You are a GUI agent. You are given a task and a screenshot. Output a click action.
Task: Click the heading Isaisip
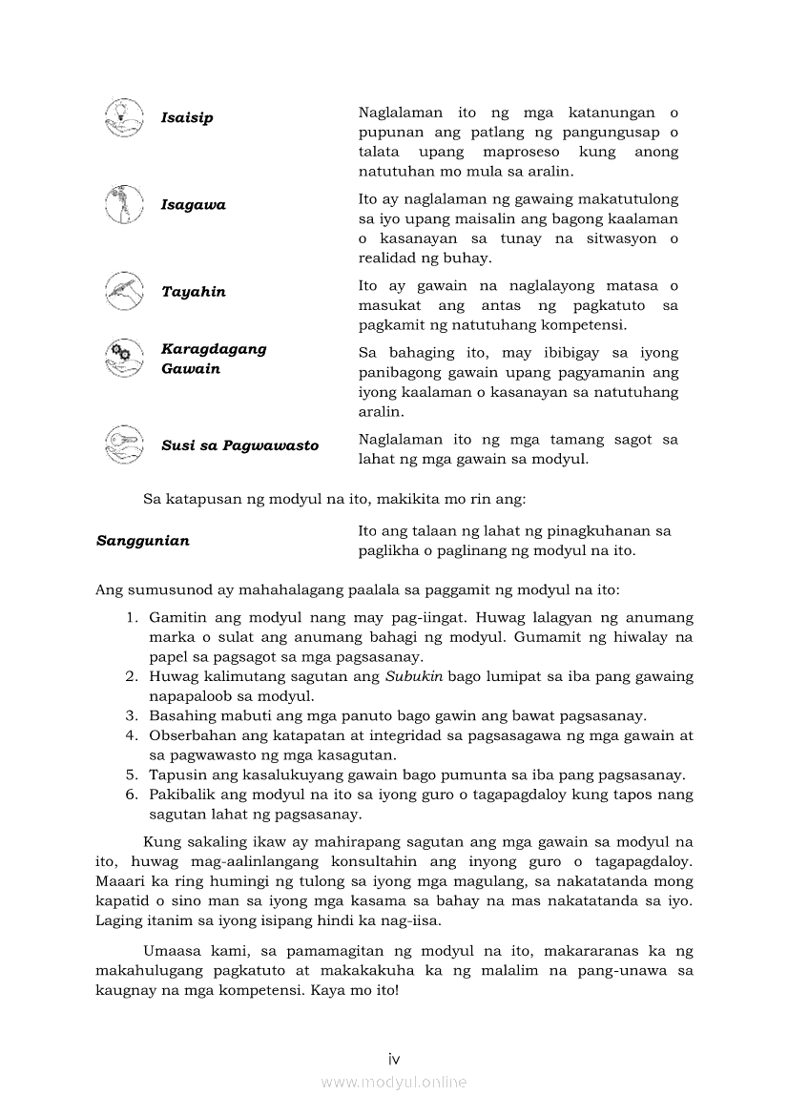[x=187, y=118]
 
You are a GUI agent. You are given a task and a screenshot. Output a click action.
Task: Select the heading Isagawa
[x=194, y=205]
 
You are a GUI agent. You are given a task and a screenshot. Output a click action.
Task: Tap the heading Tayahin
[x=194, y=292]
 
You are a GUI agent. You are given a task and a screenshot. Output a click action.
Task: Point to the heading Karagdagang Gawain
[x=214, y=359]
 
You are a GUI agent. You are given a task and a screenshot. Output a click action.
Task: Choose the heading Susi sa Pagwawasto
[x=240, y=445]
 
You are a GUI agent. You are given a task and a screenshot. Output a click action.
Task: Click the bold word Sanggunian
[x=143, y=541]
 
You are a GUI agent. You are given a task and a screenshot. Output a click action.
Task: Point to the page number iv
[x=394, y=1059]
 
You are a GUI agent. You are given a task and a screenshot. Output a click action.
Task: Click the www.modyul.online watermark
[x=394, y=1082]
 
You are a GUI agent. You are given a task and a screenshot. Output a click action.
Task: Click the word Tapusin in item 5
[x=175, y=774]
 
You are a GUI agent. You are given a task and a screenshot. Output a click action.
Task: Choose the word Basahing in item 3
[x=179, y=715]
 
